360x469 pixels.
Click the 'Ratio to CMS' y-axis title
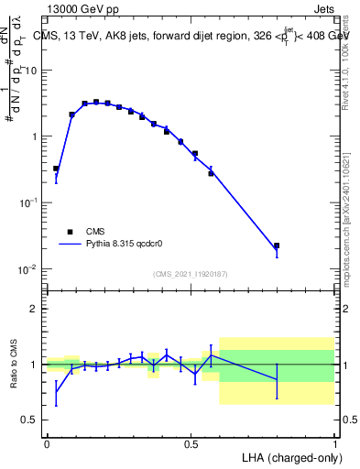(x=15, y=364)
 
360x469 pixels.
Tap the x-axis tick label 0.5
(x=191, y=443)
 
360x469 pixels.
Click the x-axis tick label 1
(x=334, y=443)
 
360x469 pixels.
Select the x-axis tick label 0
(x=47, y=443)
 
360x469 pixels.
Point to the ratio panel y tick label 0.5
(x=29, y=420)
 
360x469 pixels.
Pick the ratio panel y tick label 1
(x=34, y=365)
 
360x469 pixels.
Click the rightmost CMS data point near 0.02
(x=277, y=245)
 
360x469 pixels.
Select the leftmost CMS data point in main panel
(x=56, y=169)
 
